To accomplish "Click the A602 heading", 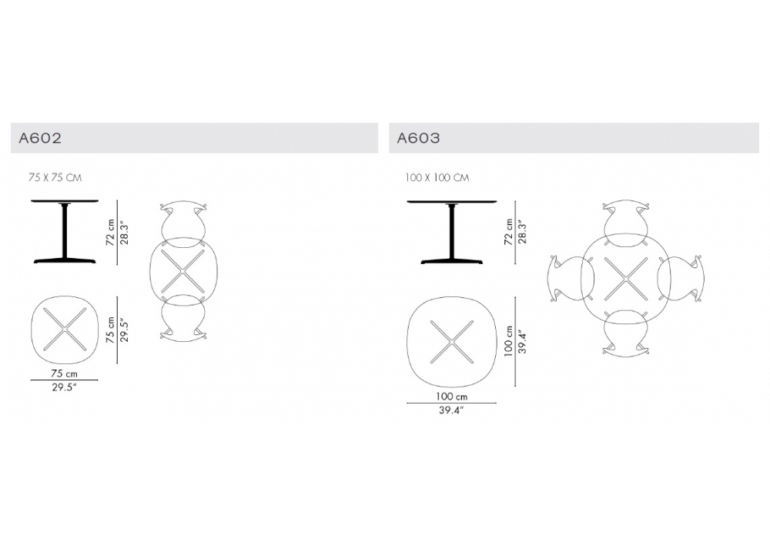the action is click(x=40, y=138).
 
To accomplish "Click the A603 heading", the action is click(x=418, y=138).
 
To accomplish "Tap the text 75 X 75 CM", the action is click(x=55, y=178).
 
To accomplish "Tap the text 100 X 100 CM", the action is click(x=437, y=178).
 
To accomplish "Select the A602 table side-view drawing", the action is click(x=65, y=232).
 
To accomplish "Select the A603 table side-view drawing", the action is click(x=452, y=232).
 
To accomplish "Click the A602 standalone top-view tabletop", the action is click(x=65, y=330).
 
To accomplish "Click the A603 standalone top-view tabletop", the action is click(x=452, y=342).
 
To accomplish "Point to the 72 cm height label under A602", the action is click(x=110, y=233).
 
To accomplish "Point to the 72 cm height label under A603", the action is click(x=508, y=233).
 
